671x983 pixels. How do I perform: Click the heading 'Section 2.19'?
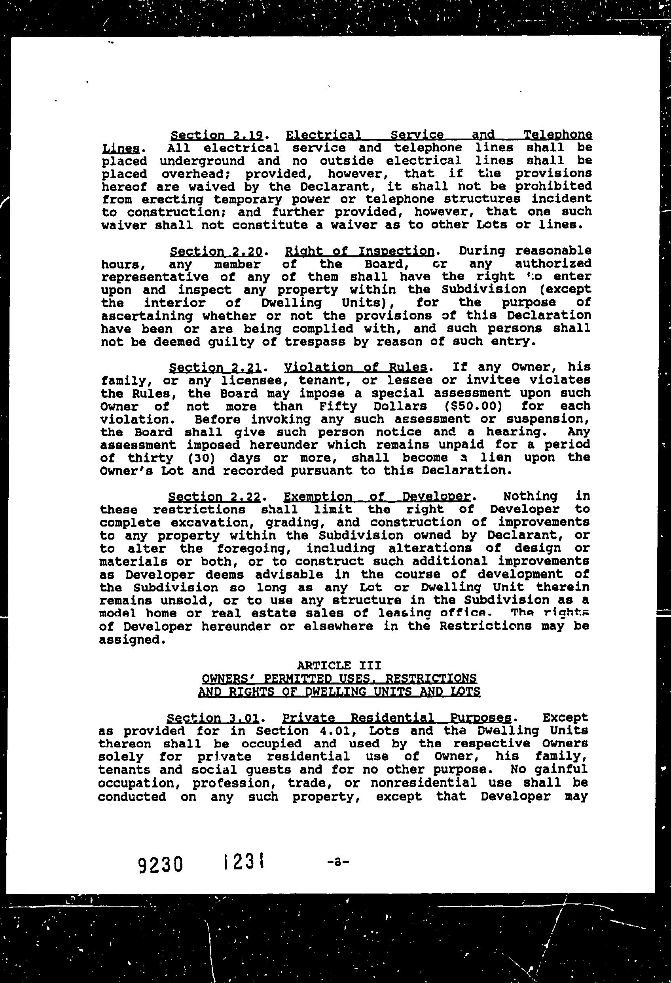217,135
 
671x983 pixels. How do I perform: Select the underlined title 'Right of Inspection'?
360,251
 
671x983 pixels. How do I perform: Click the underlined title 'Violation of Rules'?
356,367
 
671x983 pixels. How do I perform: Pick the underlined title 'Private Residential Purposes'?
397,718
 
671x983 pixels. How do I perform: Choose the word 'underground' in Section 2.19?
202,161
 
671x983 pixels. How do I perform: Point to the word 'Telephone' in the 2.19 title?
557,135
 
